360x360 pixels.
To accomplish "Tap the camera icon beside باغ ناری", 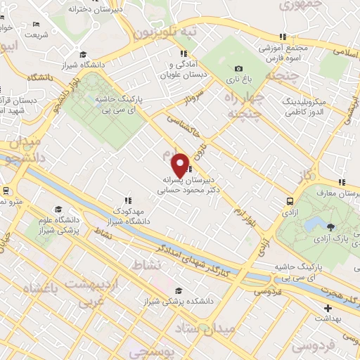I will click(238, 68).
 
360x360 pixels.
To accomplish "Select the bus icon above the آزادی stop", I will click(290, 200).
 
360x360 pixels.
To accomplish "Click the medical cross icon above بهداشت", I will click(327, 307).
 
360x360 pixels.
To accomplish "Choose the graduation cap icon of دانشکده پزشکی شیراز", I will click(179, 290).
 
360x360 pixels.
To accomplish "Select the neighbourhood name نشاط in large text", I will click(151, 264).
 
